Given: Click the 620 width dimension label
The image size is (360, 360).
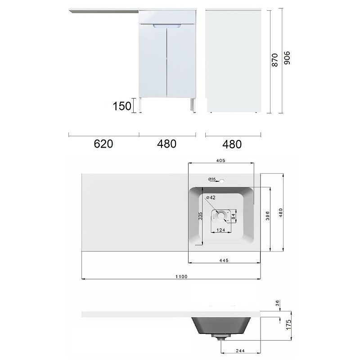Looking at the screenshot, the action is tap(103, 144).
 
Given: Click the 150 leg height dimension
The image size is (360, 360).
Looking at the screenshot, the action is tap(122, 106).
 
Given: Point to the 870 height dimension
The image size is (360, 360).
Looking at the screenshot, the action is tap(274, 60).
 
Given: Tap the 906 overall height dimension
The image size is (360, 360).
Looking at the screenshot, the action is tap(287, 58).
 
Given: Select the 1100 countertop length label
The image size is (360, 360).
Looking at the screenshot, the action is tap(181, 277).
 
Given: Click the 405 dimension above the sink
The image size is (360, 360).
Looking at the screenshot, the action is tap(220, 161).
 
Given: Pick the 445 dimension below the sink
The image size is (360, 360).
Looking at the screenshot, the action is tap(224, 261).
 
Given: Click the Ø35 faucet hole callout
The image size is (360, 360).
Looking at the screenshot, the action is tap(212, 179).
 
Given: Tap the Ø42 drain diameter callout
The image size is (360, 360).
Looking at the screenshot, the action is tap(211, 198).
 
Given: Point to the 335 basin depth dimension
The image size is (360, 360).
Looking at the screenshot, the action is tap(200, 216).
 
